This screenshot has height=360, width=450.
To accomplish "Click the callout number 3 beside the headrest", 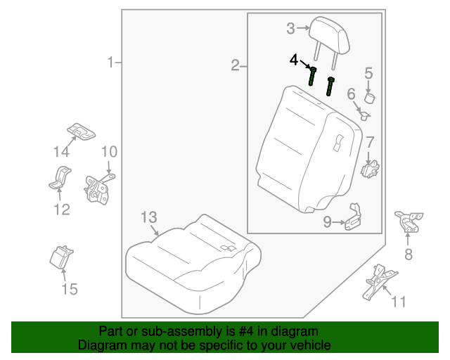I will [290, 29].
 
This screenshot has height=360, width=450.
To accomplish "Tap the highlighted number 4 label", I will [295, 60].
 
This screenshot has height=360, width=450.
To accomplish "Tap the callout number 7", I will [369, 142].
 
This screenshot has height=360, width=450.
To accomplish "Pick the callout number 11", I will [399, 302].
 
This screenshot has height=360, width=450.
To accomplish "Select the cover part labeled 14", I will [82, 130].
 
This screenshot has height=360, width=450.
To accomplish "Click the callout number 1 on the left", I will [110, 63].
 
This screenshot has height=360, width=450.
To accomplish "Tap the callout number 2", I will [235, 66].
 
